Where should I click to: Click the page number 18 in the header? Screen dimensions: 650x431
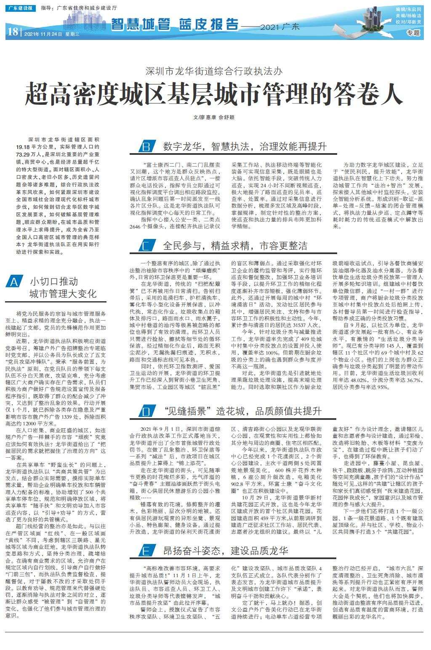coord(12,32)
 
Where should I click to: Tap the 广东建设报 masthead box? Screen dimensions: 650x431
coord(21,8)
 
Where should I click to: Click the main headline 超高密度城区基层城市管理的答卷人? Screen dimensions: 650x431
coord(214,94)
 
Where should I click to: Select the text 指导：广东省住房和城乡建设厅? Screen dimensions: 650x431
coord(80,8)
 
